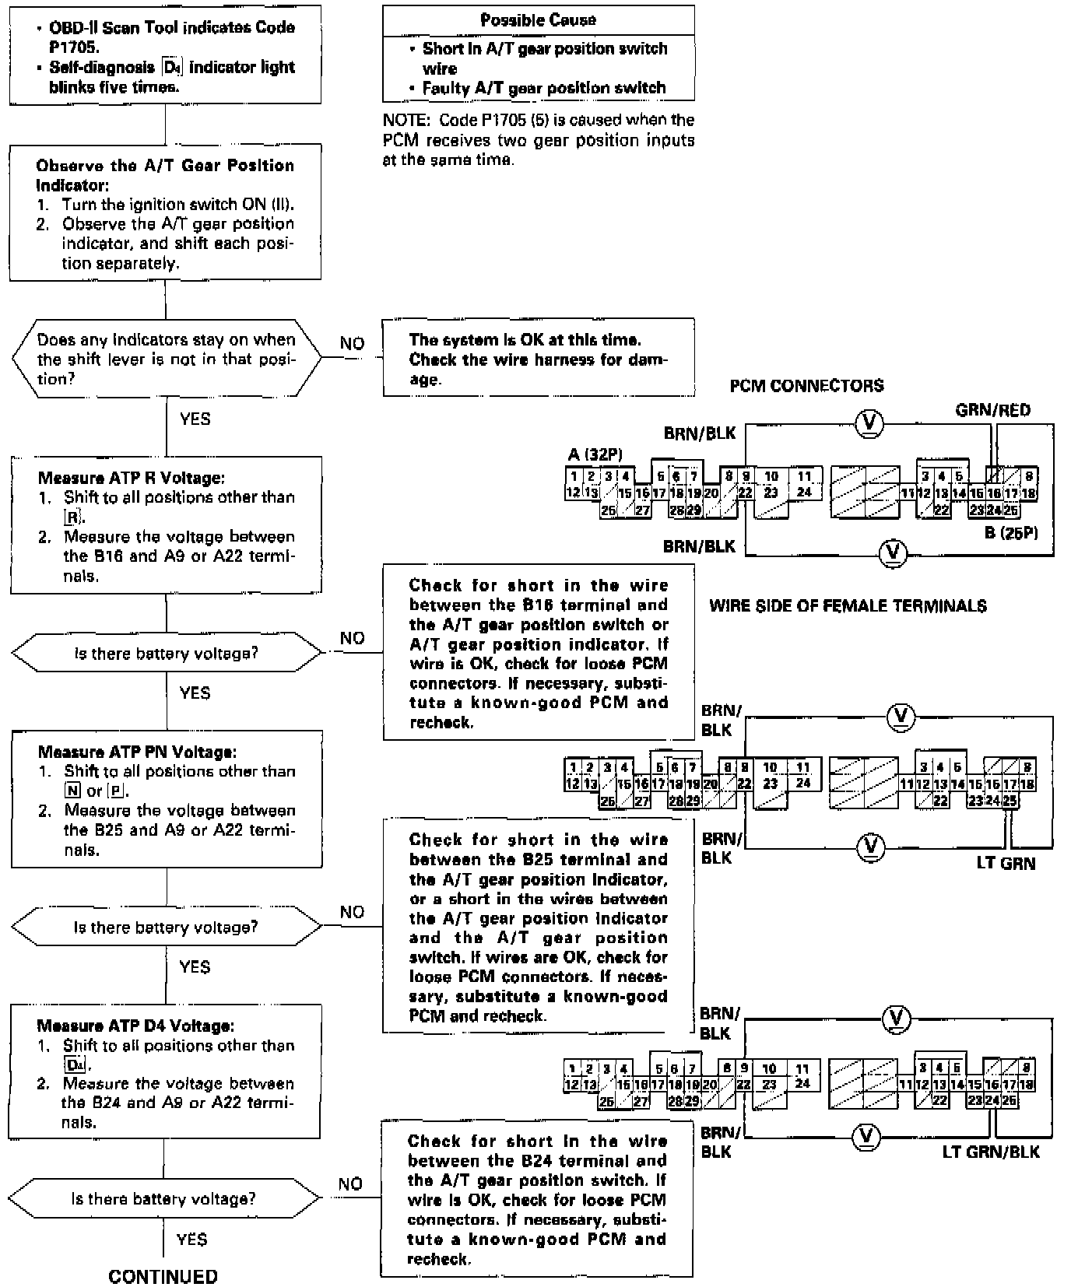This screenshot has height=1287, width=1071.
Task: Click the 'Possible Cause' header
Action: point(538,20)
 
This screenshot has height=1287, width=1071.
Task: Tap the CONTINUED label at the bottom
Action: point(163,1276)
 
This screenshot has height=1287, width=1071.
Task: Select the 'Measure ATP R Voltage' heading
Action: point(131,478)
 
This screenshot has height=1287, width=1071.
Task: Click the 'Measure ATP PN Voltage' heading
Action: point(137,752)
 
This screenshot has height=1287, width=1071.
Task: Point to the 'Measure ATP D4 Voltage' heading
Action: point(135,1026)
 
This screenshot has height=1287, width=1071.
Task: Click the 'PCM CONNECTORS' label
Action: point(806,386)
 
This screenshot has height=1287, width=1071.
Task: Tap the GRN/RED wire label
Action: point(992,410)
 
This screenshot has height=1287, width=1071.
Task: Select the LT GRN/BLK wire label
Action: point(990,1152)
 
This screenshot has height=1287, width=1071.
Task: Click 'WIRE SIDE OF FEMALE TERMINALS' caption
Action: point(848,605)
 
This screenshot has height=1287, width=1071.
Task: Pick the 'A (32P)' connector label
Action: point(595,454)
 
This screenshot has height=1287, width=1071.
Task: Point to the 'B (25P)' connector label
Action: point(1010,533)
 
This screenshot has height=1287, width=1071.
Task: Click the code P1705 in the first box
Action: point(74,47)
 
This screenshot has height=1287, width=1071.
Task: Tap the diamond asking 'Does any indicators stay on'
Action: point(166,359)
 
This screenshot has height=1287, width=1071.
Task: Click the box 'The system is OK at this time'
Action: point(538,359)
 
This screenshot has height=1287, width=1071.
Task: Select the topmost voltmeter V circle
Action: point(869,423)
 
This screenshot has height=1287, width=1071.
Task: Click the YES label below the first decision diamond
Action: point(195,419)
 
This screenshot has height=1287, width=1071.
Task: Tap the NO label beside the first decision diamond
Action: point(352,343)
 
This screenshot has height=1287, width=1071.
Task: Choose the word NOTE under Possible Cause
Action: point(406,120)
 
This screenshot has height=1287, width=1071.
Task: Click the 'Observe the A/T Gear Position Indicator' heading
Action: point(165,175)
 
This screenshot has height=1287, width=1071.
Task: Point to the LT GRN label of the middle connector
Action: point(1006,863)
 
